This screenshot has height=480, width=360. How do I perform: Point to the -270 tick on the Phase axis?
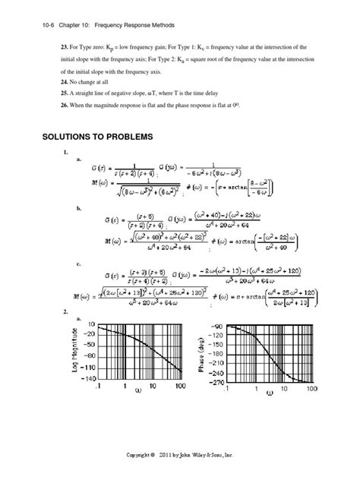218,383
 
